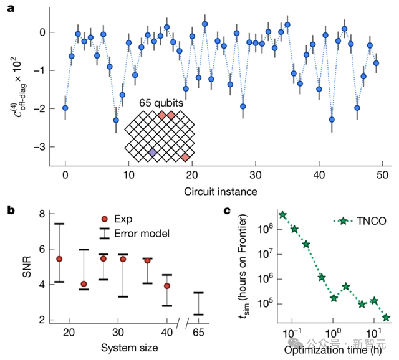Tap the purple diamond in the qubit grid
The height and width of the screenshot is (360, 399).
(152, 153)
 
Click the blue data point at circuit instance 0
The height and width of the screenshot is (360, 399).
(65, 108)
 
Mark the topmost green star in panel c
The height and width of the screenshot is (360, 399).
(282, 215)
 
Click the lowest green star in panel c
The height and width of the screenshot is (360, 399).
(387, 318)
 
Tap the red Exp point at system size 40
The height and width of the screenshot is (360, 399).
(166, 286)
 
